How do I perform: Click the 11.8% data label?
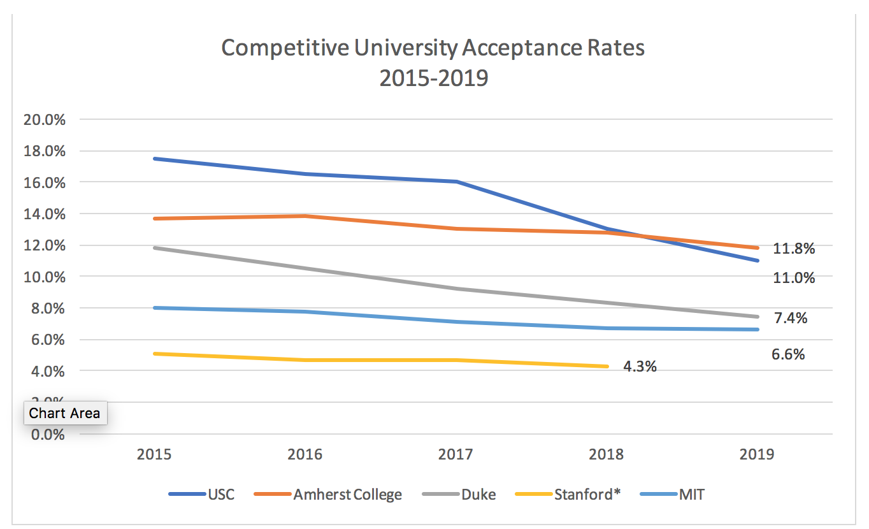pyautogui.click(x=794, y=249)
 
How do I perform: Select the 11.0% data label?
pyautogui.click(x=794, y=278)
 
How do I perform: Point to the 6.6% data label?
pyautogui.click(x=788, y=354)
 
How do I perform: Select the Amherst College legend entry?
pyautogui.click(x=329, y=495)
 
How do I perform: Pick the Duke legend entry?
pyautogui.click(x=462, y=495)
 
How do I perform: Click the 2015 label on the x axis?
pyautogui.click(x=155, y=454)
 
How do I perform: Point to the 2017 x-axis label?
pyautogui.click(x=456, y=454)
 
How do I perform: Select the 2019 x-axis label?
pyautogui.click(x=757, y=454)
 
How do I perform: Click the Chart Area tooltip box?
pyautogui.click(x=65, y=413)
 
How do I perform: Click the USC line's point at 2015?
pyautogui.click(x=155, y=159)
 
